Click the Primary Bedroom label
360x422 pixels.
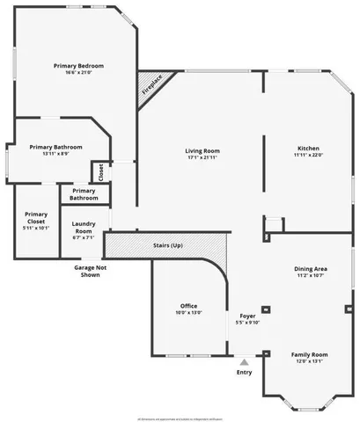click(x=78, y=66)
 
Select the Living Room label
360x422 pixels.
click(x=202, y=150)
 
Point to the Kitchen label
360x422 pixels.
click(x=308, y=148)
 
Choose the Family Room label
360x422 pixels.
click(x=308, y=353)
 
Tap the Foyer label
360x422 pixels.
click(x=247, y=315)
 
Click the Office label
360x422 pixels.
click(x=188, y=305)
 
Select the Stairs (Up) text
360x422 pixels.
click(x=167, y=244)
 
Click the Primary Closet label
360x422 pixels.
click(x=36, y=218)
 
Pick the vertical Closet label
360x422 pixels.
click(x=100, y=171)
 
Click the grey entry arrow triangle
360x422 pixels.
click(x=244, y=360)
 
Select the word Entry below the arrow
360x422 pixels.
click(x=244, y=372)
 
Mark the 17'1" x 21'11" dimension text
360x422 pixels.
click(x=202, y=157)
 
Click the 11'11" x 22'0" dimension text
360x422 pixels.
click(x=308, y=155)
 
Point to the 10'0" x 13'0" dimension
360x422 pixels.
click(x=188, y=312)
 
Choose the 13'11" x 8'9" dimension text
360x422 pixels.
click(x=55, y=154)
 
